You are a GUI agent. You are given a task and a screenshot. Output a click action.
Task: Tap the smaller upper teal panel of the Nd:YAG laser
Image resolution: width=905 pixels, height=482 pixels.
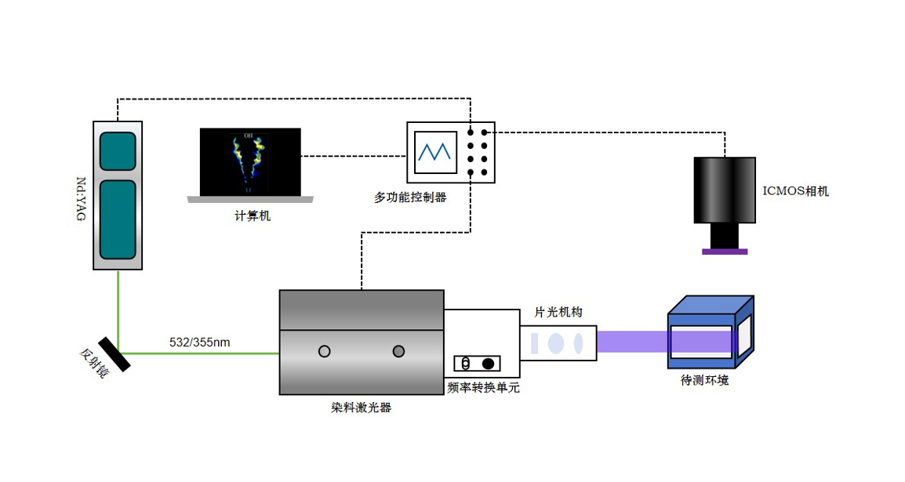point(118,151)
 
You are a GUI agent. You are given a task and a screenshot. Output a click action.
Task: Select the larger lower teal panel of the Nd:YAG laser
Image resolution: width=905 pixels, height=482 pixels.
point(118,220)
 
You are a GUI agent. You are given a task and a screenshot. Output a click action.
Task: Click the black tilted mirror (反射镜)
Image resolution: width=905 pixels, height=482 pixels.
point(114,353)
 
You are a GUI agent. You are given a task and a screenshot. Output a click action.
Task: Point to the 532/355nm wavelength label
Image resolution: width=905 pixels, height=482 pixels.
point(200,342)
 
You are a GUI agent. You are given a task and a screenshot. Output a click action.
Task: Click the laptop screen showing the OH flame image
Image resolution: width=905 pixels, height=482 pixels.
point(250,162)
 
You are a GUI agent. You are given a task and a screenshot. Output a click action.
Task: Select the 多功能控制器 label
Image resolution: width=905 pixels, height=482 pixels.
point(410,198)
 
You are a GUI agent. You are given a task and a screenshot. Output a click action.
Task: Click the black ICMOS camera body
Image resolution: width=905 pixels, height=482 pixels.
point(725,190)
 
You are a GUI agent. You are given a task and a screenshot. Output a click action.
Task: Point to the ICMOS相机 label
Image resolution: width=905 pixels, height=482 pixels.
point(795,190)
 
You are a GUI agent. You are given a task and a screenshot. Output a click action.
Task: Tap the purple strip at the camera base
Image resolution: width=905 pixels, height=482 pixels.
point(725,252)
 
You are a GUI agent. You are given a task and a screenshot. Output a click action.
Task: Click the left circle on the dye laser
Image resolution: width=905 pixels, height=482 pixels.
point(324,351)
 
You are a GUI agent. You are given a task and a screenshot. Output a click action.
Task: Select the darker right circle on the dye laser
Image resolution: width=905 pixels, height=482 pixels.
point(398,350)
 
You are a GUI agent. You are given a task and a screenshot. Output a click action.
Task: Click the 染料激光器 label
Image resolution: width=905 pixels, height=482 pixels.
point(361,408)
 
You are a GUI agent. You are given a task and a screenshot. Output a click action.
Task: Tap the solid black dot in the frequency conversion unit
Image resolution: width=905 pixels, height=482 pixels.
point(488,363)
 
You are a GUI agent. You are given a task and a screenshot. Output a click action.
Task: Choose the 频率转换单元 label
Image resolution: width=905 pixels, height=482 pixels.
point(483,387)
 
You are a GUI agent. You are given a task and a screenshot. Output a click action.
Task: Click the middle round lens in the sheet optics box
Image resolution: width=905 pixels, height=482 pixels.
point(556,343)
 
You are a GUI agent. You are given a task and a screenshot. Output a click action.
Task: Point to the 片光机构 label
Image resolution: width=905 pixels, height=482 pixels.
point(558,312)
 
